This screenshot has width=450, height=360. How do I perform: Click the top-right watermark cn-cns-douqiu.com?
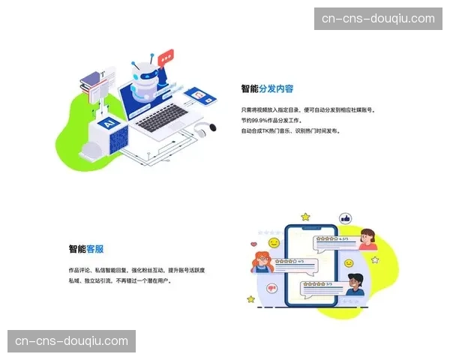coord(377,19)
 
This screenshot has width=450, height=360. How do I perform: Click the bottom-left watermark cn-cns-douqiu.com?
coord(71,341)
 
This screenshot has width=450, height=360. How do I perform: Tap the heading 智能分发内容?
coord(267,88)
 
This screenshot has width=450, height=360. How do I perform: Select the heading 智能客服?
coord(86,249)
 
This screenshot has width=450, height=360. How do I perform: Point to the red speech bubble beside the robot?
coord(166,55)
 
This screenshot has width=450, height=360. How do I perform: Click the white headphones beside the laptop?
coord(198,132)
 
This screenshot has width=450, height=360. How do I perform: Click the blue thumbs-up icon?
coord(346,218)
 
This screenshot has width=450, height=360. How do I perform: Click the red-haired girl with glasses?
coord(262,263)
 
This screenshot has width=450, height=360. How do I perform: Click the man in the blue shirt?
coord(356,284)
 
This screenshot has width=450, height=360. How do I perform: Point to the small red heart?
coord(254,244)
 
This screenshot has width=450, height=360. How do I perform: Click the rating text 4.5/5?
coord(344,239)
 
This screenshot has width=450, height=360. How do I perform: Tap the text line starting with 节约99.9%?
coord(276,120)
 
